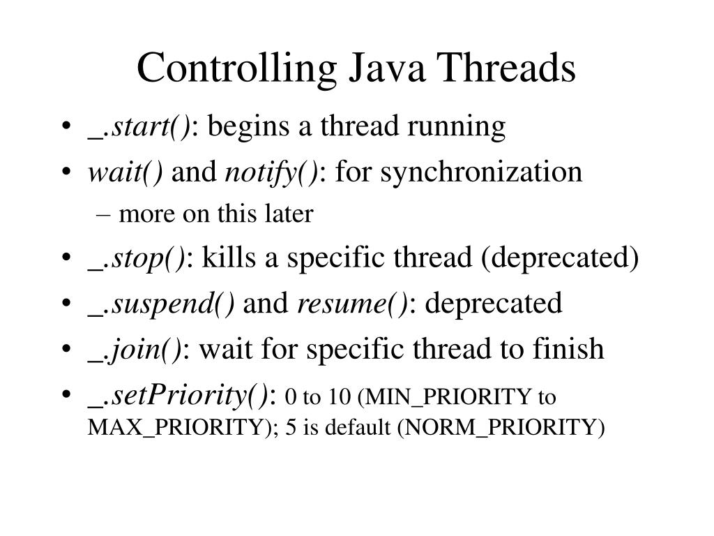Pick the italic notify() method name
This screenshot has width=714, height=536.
tap(271, 172)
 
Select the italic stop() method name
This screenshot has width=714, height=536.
tap(149, 260)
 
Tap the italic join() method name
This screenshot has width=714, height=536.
tap(147, 348)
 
